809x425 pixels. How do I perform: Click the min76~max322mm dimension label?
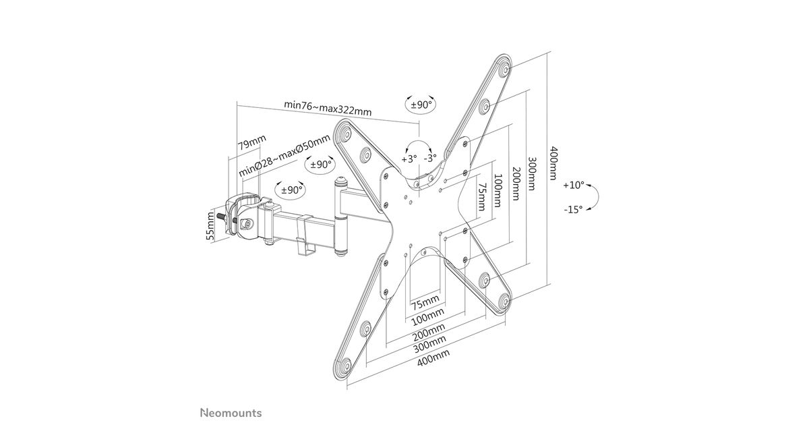click(x=328, y=108)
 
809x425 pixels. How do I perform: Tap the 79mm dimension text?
click(x=251, y=142)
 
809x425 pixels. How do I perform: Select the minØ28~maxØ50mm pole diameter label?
click(x=284, y=155)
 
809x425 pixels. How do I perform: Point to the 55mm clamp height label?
click(x=210, y=226)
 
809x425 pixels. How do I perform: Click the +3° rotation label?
click(x=409, y=159)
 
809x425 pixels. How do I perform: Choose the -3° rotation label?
click(x=430, y=158)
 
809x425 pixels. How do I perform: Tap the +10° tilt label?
click(x=574, y=185)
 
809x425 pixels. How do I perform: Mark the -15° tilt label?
click(x=573, y=210)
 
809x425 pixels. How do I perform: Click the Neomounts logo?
click(x=231, y=413)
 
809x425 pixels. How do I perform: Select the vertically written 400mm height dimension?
click(x=553, y=163)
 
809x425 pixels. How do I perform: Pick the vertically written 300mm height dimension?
click(x=532, y=173)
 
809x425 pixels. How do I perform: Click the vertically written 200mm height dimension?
click(x=515, y=183)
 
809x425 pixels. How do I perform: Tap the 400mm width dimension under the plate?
click(x=433, y=358)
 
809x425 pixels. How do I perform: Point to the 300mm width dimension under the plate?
click(x=429, y=343)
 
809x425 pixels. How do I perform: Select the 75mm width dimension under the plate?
click(x=425, y=302)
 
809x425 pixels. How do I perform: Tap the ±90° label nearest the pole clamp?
click(x=291, y=190)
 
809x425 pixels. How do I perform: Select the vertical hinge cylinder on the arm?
click(x=340, y=217)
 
